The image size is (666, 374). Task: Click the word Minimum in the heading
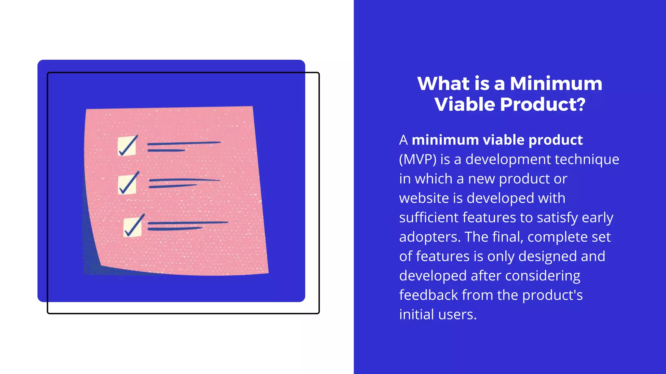(x=556, y=83)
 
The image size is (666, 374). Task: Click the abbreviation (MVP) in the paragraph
(x=418, y=159)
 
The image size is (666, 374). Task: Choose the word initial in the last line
(x=416, y=314)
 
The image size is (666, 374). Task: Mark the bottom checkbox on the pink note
(x=133, y=227)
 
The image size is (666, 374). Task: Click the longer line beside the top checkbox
(x=184, y=143)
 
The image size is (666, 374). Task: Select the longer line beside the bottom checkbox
(x=188, y=223)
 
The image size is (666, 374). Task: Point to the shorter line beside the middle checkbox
(x=173, y=186)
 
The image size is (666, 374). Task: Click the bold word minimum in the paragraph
(x=445, y=140)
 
